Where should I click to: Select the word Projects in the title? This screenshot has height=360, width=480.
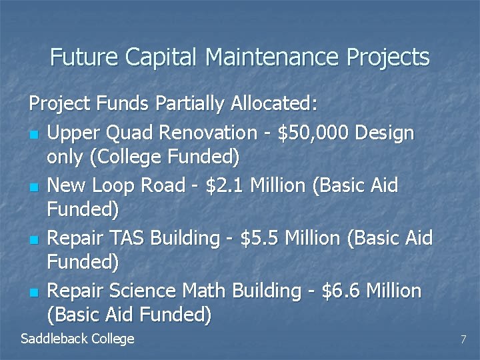coord(388,57)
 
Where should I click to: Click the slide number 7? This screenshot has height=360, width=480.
coord(463,340)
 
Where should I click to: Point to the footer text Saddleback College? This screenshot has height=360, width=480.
coord(77,339)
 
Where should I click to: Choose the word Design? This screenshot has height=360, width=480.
coord(385,133)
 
